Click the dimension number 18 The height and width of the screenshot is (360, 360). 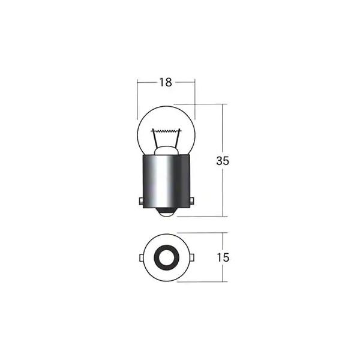[x=166, y=82]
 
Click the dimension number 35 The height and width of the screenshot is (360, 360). [x=223, y=161]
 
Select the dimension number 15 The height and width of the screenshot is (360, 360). [x=223, y=257]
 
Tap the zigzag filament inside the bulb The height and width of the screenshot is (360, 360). [x=166, y=131]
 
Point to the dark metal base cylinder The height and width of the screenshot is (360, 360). [x=166, y=181]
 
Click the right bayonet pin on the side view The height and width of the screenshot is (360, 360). [x=192, y=201]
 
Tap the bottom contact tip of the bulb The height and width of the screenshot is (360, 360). [x=167, y=212]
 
